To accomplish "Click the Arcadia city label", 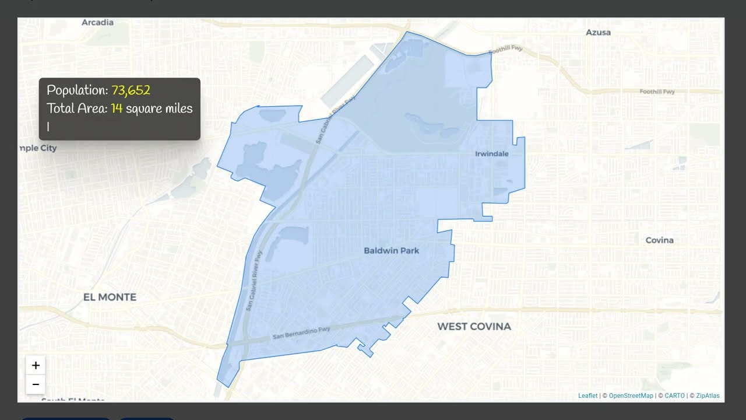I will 97,23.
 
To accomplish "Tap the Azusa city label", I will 598,33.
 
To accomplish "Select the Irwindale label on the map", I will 492,154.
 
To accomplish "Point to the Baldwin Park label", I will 391,251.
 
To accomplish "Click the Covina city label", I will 659,240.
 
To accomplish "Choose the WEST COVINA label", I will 474,326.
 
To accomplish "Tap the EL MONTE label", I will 110,297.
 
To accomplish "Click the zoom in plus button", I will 36,366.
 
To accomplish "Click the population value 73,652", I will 131,90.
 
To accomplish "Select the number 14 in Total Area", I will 117,108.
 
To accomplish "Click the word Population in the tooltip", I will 76,90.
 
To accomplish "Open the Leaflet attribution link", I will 587,396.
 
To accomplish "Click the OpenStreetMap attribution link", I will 631,396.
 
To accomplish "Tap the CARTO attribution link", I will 675,396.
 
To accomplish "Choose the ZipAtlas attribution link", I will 708,396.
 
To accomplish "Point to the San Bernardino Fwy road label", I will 301,333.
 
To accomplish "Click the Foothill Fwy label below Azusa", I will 657,92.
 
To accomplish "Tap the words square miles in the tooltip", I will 159,108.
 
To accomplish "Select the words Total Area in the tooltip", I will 77,108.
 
